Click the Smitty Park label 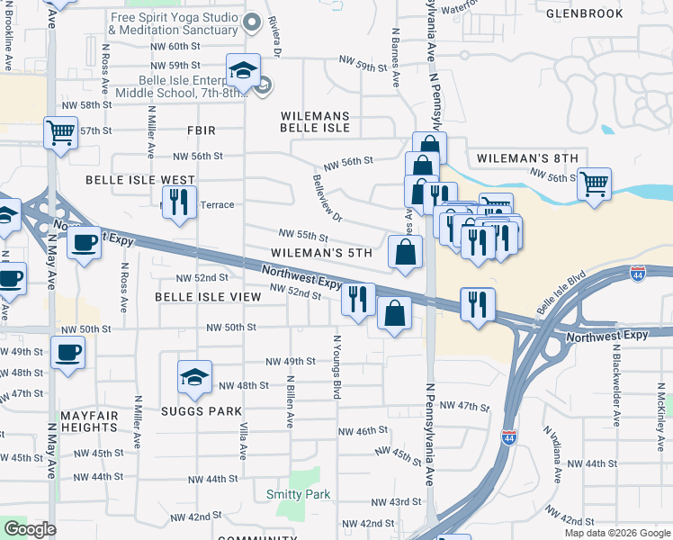298,494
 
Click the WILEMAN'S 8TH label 527,158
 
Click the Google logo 30,529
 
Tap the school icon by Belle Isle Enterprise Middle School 242,70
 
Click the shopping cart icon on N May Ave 60,134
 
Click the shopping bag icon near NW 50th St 394,314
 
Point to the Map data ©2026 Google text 616,533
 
